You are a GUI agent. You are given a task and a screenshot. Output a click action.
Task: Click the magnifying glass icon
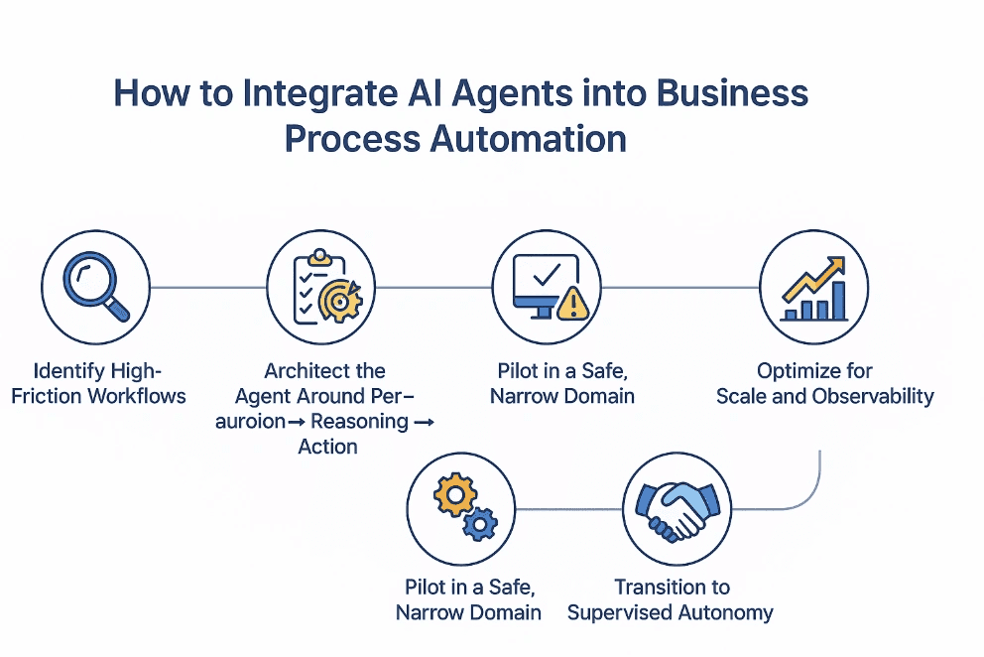tap(95, 287)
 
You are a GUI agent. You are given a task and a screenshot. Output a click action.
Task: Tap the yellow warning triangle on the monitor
tap(571, 304)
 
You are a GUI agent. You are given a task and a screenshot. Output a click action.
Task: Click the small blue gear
tap(480, 523)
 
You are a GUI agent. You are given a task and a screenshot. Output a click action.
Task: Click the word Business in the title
tap(725, 94)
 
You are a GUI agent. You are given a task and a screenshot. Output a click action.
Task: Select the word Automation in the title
tap(528, 138)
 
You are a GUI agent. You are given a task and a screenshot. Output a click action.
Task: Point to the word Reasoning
tap(359, 421)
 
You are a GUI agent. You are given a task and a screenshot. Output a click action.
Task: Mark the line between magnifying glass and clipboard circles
tap(207, 288)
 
